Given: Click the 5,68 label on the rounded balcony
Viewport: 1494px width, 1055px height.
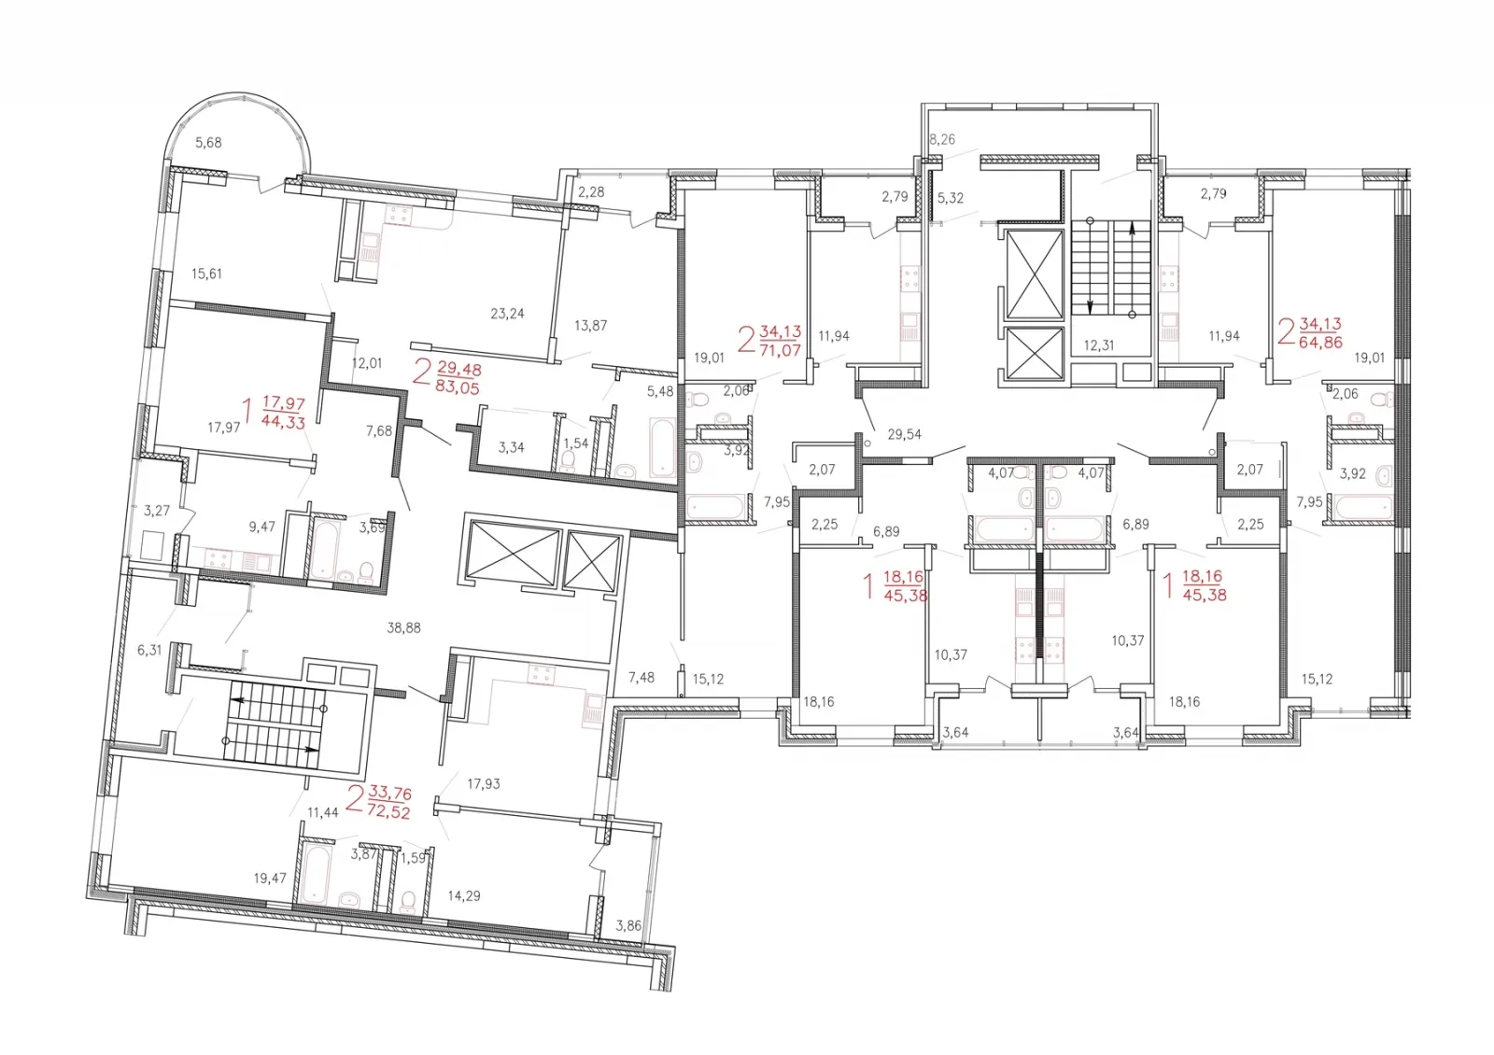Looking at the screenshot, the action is [208, 143].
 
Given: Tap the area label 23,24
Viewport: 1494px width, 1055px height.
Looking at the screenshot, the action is [507, 314].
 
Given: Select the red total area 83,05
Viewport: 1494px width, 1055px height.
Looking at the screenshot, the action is [457, 387].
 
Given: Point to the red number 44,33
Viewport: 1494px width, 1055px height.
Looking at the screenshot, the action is [284, 421].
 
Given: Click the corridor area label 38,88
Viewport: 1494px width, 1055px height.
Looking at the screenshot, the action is [403, 627].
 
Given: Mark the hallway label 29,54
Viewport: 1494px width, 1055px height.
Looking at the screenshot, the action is [905, 435].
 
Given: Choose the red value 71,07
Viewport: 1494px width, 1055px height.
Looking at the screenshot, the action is [780, 350].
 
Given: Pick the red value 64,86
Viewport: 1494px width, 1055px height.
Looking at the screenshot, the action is [1320, 343].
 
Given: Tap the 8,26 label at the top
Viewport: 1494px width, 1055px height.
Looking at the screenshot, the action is [942, 139].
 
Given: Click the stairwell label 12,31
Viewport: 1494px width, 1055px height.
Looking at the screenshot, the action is [1098, 345].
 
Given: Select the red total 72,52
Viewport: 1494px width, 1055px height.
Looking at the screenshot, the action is [388, 812].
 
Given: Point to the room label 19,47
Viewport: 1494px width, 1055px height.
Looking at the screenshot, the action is [270, 879].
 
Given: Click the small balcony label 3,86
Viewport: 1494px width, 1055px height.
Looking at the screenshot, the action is [628, 925].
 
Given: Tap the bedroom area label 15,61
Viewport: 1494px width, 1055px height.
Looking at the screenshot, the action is [206, 274].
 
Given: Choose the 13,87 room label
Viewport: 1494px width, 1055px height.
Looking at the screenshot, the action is [590, 326].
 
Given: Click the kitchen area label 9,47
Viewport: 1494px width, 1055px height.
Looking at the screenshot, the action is [262, 527].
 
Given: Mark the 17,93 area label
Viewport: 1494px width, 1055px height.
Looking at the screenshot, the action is [484, 784].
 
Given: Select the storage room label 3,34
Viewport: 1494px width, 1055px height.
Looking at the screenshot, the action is [511, 447].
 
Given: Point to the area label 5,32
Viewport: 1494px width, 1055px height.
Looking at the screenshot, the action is [951, 198].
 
